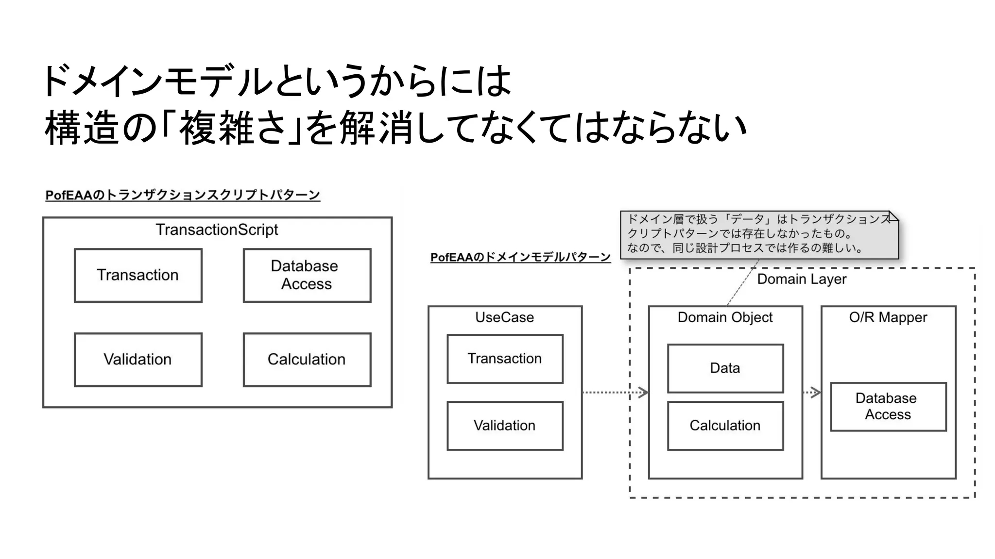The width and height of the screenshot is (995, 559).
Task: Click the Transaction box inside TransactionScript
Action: (x=138, y=275)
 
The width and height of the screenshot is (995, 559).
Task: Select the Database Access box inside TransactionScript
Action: (x=307, y=275)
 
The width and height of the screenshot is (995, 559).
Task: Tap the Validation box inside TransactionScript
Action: (x=138, y=360)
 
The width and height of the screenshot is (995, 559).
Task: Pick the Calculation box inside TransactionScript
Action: (x=307, y=360)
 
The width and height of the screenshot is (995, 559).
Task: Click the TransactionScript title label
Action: (x=217, y=230)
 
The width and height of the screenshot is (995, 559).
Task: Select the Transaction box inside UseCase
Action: (x=505, y=359)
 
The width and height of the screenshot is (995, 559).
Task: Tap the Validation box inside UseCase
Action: (x=505, y=426)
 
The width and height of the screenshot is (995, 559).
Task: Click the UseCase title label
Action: (x=504, y=317)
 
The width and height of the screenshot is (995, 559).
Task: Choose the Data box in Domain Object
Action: (x=725, y=368)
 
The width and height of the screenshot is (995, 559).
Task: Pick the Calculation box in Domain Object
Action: (x=725, y=426)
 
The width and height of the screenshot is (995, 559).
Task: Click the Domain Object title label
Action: (x=725, y=317)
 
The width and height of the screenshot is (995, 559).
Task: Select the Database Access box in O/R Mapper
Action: (x=888, y=407)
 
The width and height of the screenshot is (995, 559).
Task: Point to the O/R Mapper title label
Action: (x=888, y=317)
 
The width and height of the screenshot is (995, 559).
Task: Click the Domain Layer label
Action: (x=802, y=279)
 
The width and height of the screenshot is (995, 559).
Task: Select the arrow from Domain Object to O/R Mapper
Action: (x=812, y=392)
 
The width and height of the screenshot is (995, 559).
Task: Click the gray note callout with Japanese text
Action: (x=759, y=234)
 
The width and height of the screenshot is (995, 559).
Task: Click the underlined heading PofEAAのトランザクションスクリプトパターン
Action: (x=183, y=195)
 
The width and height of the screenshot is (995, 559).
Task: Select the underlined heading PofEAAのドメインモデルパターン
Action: (x=520, y=257)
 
